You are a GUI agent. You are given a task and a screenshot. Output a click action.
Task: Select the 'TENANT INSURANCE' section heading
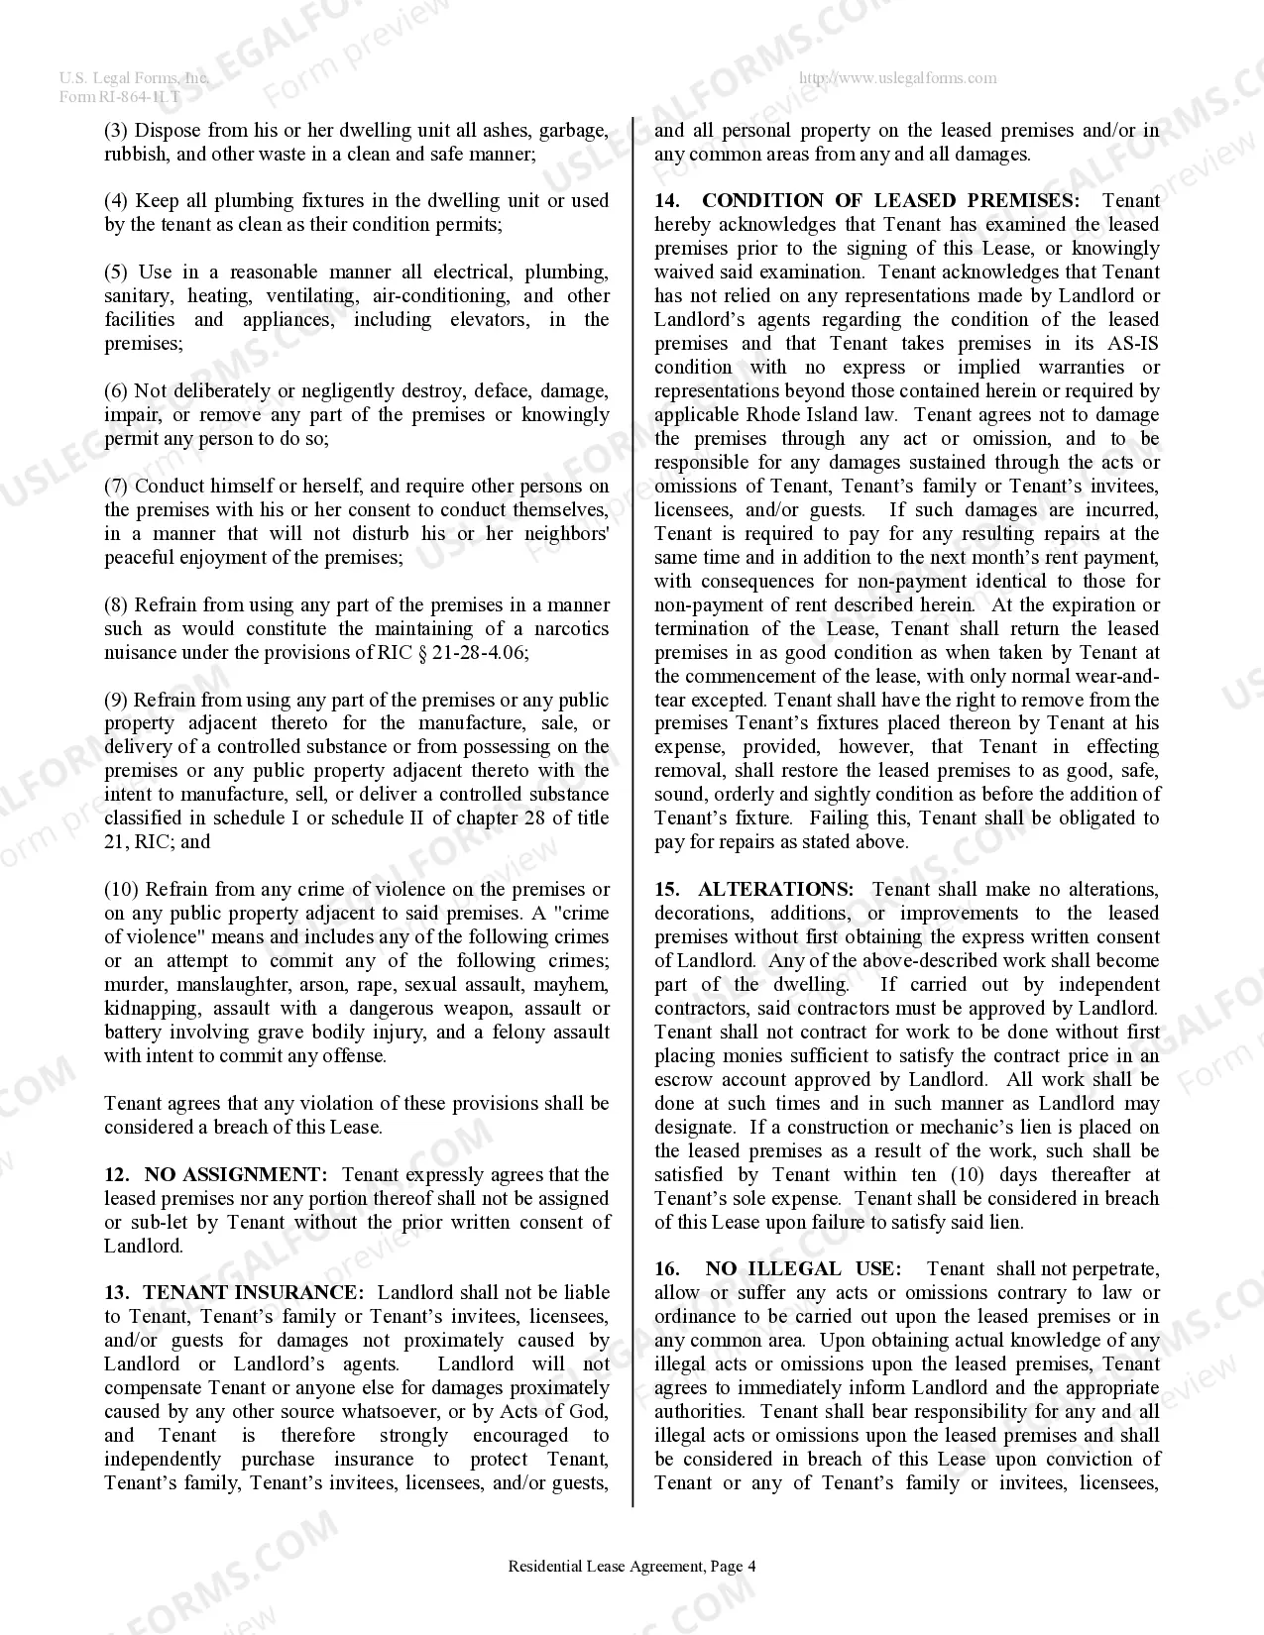253,1292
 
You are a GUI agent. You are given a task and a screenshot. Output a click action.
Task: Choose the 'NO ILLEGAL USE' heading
803,1268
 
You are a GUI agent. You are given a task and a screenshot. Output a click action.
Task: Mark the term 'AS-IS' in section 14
1131,343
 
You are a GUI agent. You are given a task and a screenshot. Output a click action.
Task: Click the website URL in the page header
897,78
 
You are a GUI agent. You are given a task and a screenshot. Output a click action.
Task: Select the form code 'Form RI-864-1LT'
120,96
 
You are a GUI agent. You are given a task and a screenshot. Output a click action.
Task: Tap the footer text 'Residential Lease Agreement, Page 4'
632,1566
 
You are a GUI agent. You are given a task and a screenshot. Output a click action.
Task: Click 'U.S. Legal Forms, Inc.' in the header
134,78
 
